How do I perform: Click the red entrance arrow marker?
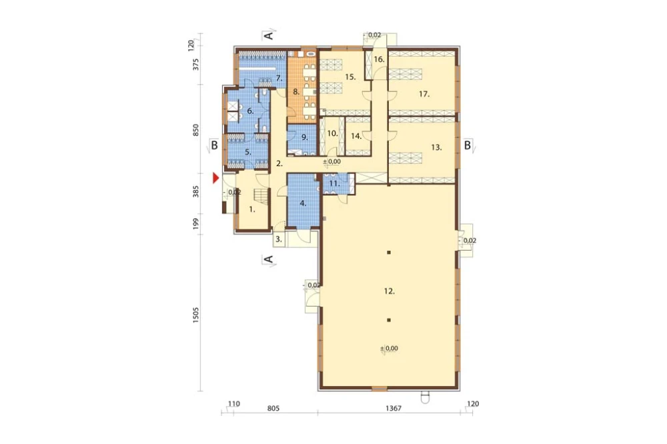pos(215,178)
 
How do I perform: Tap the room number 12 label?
pos(390,291)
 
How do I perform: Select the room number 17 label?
pos(424,94)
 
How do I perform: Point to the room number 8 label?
pos(296,91)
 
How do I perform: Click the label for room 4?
pos(303,203)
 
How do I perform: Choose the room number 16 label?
pos(379,59)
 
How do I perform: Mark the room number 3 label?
pos(279,239)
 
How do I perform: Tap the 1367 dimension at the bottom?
pos(394,408)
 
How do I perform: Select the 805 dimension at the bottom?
pos(273,408)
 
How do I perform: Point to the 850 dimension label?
pos(195,130)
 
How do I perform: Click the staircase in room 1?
pos(261,196)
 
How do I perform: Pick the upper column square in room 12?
pos(389,253)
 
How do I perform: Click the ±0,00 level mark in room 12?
pos(390,348)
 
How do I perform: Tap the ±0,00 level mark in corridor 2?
pos(331,161)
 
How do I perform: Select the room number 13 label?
pos(436,147)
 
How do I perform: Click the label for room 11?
pos(335,184)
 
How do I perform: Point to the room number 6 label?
pos(250,111)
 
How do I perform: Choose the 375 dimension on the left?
pos(195,65)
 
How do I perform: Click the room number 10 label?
pos(333,133)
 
